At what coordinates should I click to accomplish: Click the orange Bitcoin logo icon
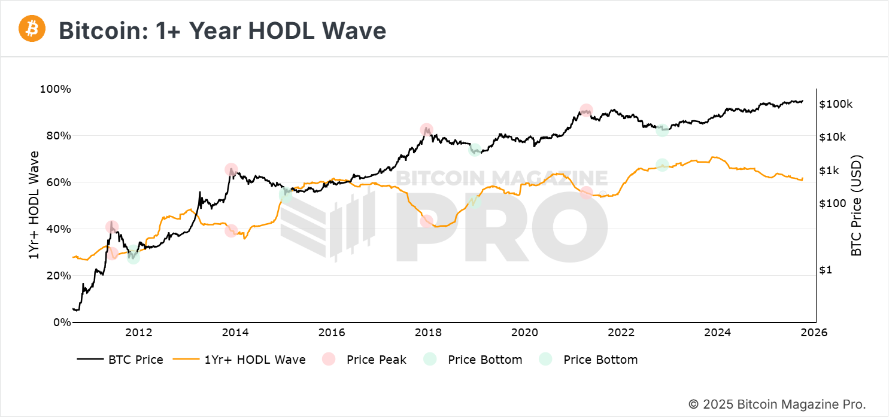(32, 29)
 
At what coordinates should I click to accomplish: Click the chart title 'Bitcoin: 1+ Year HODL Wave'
(222, 31)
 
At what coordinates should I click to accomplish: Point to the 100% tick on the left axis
(55, 89)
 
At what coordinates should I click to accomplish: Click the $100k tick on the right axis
(835, 104)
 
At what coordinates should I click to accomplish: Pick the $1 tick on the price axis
(826, 270)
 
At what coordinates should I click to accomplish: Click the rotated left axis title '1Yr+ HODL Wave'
(34, 205)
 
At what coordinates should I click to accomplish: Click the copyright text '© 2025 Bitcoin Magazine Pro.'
(777, 404)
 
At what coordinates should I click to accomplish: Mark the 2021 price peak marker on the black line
(586, 111)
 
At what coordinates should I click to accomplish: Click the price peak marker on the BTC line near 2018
(426, 130)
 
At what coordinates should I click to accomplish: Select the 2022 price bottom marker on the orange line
(662, 165)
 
